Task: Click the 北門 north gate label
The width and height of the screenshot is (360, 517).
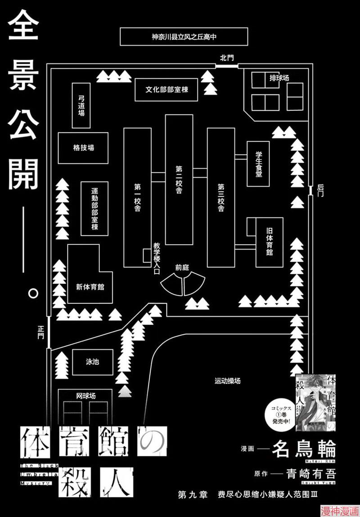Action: (x=226, y=58)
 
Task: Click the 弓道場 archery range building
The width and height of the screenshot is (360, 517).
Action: (x=81, y=105)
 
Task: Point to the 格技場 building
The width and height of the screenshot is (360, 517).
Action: (x=83, y=148)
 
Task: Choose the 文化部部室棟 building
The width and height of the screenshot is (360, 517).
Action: (x=166, y=90)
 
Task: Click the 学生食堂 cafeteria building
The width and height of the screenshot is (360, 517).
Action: (x=258, y=163)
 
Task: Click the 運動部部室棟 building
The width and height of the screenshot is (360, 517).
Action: (x=94, y=208)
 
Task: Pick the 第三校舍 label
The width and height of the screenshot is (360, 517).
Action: (x=221, y=198)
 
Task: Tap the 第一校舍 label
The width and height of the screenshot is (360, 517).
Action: (x=137, y=198)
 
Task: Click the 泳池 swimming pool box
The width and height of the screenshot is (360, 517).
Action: (x=92, y=362)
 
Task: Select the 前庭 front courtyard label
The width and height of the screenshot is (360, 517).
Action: (x=182, y=267)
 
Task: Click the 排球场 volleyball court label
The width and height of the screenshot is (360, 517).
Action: (x=279, y=78)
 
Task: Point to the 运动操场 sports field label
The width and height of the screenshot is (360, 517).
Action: (x=227, y=381)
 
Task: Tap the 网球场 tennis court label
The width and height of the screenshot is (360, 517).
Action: (x=86, y=396)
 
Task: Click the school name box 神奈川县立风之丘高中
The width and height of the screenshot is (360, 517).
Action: (x=184, y=36)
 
